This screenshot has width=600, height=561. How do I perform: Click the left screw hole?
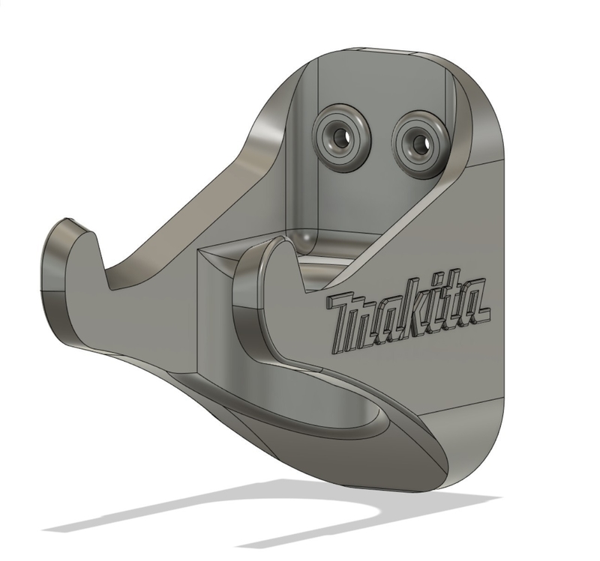(342, 137)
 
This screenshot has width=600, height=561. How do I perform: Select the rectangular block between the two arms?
(217, 307)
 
